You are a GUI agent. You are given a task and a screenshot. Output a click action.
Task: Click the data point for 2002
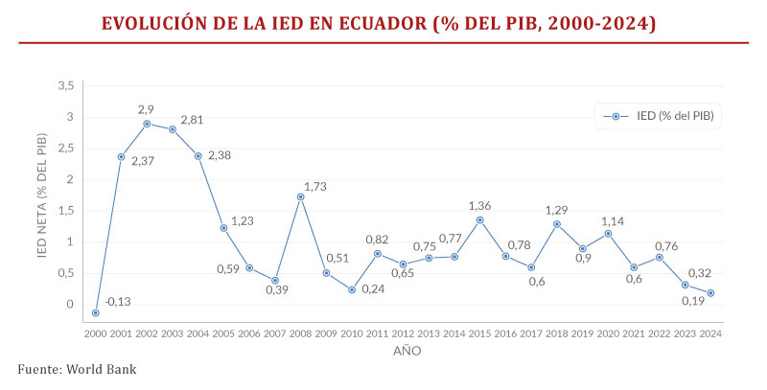click(147, 124)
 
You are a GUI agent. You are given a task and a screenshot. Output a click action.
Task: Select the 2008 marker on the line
click(301, 196)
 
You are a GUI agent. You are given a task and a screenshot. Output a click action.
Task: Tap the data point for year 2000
click(96, 312)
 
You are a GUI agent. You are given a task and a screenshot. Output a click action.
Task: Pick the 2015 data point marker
click(480, 219)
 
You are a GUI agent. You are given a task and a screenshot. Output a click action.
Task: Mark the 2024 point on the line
click(710, 293)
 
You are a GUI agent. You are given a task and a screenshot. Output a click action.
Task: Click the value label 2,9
click(146, 108)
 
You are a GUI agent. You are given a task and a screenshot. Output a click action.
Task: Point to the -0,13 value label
click(119, 303)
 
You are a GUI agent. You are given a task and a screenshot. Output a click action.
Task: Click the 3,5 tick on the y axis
click(65, 86)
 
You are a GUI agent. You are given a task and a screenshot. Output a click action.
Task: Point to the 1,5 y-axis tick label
click(65, 211)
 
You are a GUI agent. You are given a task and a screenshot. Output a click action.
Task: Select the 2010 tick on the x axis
click(352, 333)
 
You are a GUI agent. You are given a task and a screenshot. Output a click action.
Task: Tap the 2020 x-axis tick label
click(608, 333)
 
